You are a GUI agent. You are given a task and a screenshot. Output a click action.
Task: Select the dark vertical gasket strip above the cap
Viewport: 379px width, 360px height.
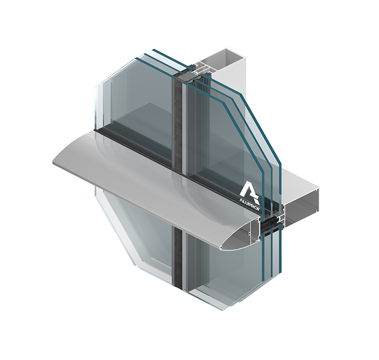click(x=179, y=123)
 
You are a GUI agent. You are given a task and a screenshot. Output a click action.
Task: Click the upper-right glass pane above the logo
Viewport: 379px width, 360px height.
click(x=223, y=138)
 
